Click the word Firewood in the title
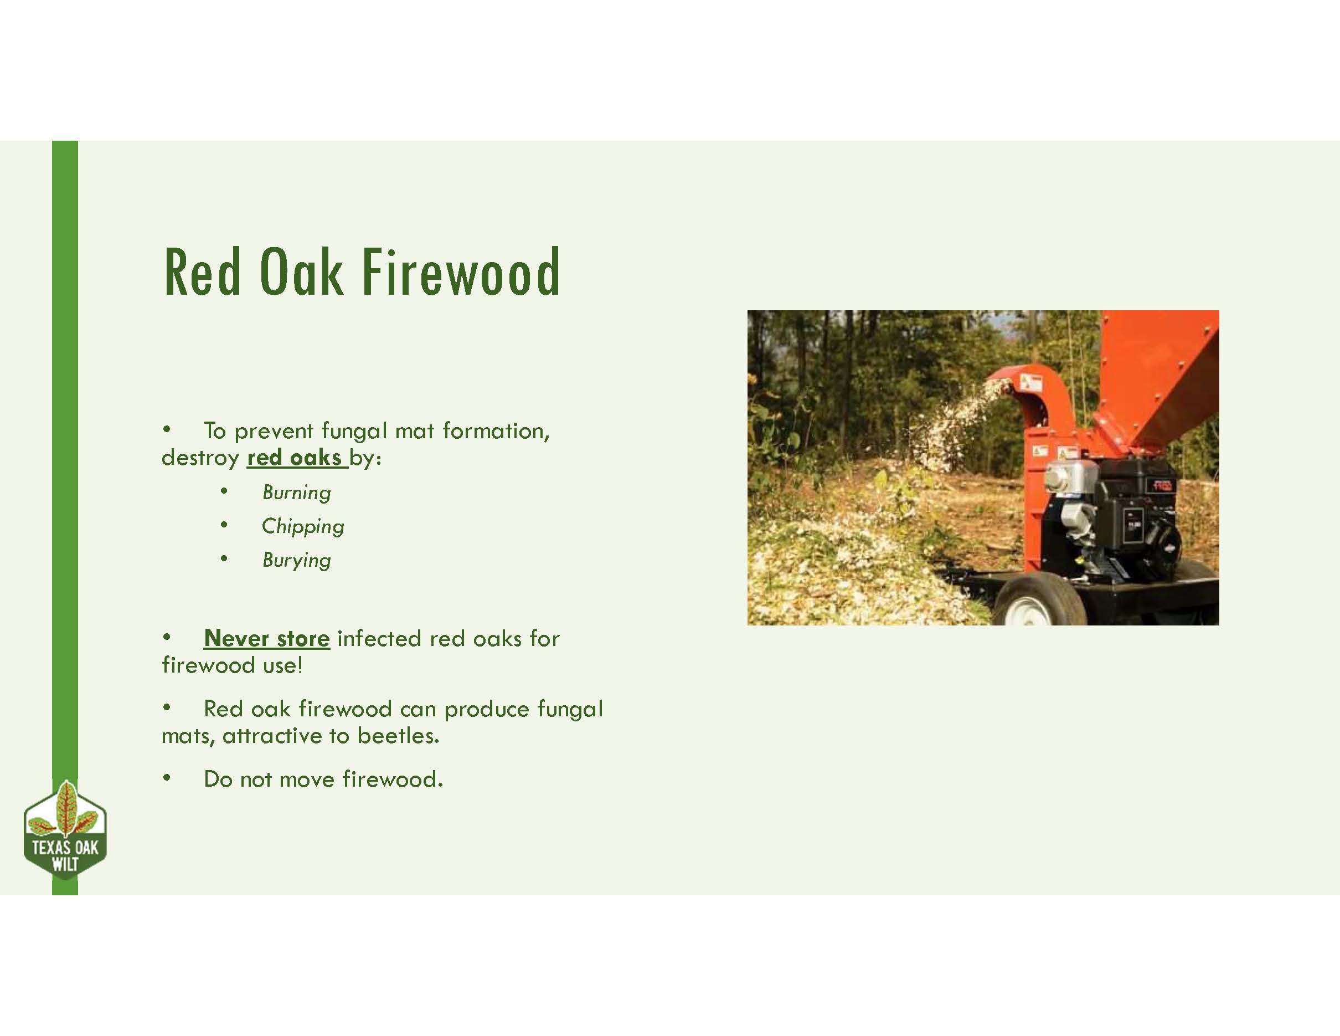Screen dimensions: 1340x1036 click(461, 272)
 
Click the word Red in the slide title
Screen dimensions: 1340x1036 click(202, 272)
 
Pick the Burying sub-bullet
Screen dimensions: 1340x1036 click(296, 560)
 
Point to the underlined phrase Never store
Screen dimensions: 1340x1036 click(267, 638)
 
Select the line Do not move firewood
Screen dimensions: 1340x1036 click(323, 779)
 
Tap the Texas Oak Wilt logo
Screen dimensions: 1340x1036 click(65, 830)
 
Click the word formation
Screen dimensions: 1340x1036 click(496, 432)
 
